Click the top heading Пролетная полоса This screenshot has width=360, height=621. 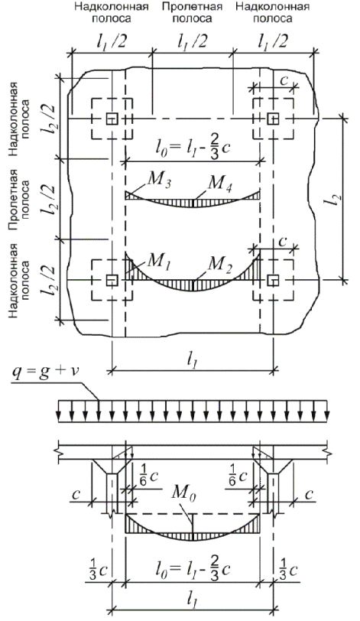(192, 13)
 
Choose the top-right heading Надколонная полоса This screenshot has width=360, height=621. (272, 13)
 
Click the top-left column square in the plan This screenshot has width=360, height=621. (112, 119)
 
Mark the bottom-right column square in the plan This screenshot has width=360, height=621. (272, 280)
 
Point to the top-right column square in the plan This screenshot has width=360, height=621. (272, 119)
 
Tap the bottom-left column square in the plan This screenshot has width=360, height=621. (112, 280)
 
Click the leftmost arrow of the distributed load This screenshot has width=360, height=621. (59, 411)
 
